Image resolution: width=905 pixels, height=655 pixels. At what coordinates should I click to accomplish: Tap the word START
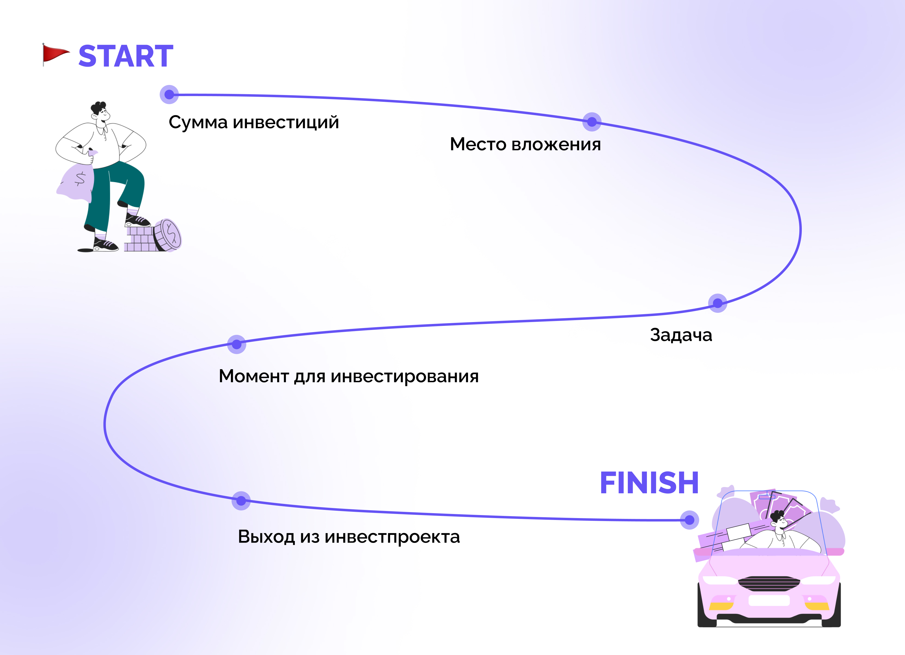(126, 56)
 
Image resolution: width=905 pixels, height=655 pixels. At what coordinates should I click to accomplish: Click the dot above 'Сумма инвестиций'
(169, 94)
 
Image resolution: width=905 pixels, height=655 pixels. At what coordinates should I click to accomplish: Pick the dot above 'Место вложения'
(592, 122)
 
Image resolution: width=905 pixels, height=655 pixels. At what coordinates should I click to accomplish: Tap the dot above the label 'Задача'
(717, 303)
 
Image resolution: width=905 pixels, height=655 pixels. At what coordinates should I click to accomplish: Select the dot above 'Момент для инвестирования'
(237, 344)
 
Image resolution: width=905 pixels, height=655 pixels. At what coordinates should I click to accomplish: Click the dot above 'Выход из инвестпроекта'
(241, 501)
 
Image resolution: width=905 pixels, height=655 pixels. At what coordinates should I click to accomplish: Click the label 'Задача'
(681, 335)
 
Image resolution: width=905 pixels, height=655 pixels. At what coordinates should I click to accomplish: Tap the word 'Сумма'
(198, 123)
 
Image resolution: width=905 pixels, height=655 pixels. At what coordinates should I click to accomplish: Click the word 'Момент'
(254, 376)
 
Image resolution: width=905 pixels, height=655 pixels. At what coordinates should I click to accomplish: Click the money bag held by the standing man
(77, 182)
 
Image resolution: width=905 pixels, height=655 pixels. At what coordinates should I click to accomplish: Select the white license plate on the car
(769, 600)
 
